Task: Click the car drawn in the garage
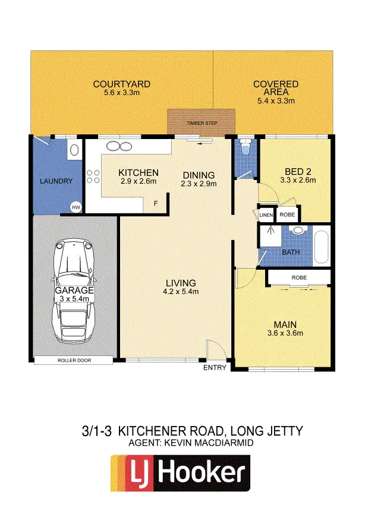[x=74, y=291]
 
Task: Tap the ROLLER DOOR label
[x=73, y=360]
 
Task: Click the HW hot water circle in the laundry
[x=75, y=207]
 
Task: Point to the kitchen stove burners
[x=93, y=176]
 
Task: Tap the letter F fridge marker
[x=156, y=204]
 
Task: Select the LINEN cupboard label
[x=266, y=215]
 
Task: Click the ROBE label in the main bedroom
[x=299, y=278]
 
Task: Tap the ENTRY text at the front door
[x=215, y=368]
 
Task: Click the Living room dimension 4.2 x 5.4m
[x=181, y=291]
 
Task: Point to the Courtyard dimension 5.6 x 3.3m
[x=121, y=93]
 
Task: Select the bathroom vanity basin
[x=299, y=229]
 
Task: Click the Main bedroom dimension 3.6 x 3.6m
[x=285, y=333]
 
